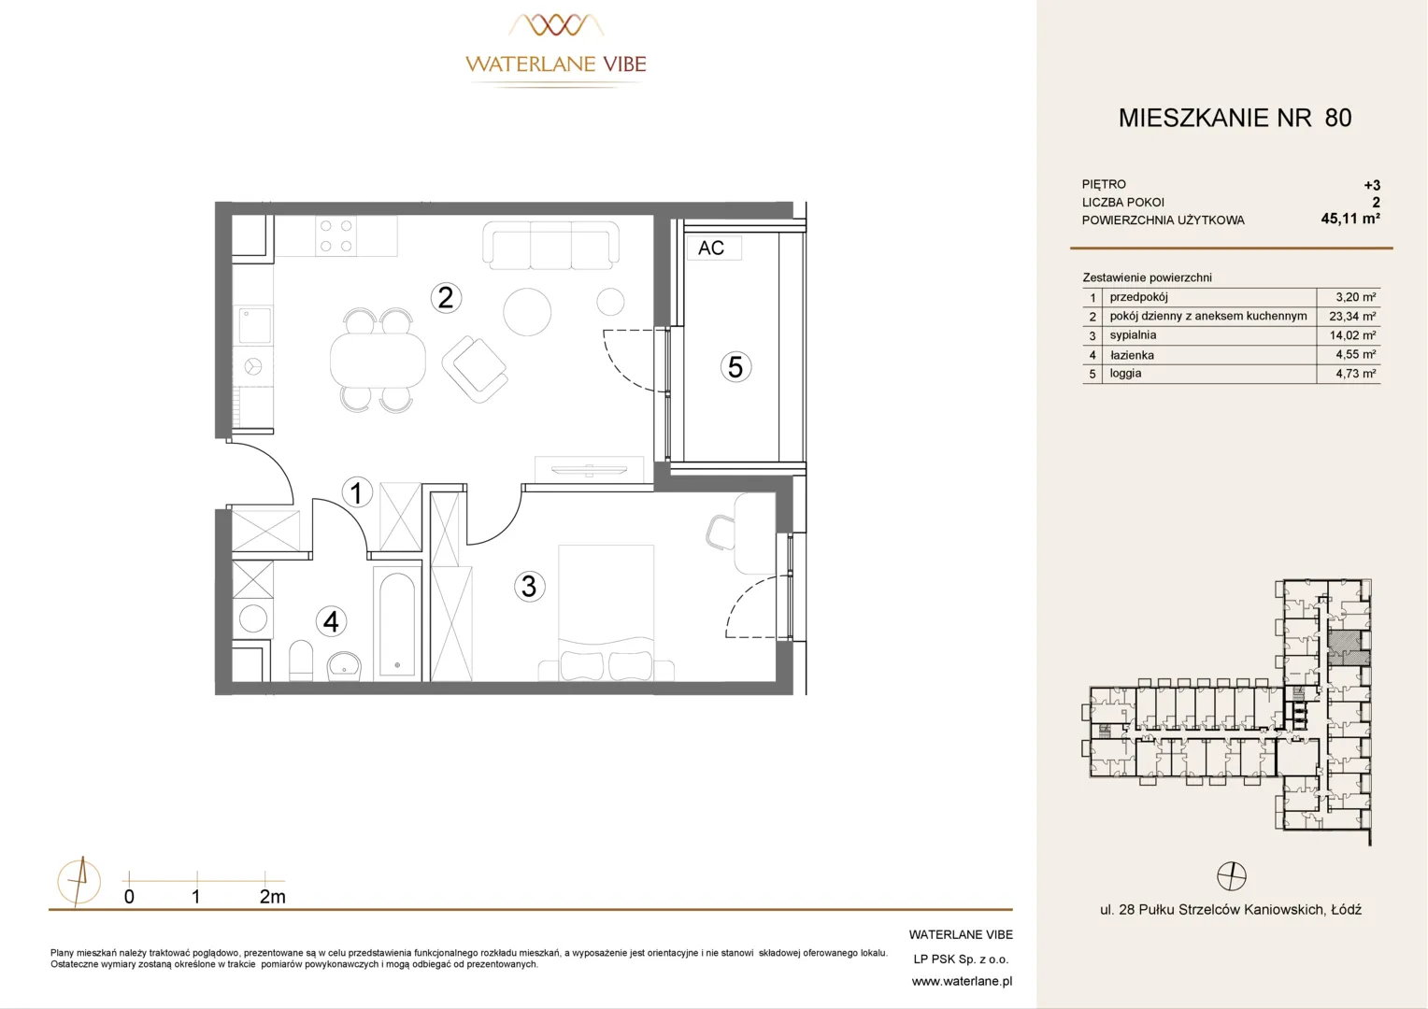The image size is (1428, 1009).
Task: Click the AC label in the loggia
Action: pyautogui.click(x=711, y=248)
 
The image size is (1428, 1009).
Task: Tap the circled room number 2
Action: pyautogui.click(x=446, y=298)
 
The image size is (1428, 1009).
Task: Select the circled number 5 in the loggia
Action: pyautogui.click(x=735, y=367)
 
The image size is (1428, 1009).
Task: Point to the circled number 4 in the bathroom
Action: pyautogui.click(x=331, y=621)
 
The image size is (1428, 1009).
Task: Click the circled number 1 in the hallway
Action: pyautogui.click(x=357, y=492)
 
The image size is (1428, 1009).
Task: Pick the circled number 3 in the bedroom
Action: pyautogui.click(x=529, y=587)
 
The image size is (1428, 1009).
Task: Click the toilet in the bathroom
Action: pyautogui.click(x=301, y=661)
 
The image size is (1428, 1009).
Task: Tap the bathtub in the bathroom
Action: pyautogui.click(x=397, y=624)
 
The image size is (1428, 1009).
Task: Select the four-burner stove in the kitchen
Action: pyautogui.click(x=336, y=235)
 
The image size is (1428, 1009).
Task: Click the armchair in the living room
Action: pyautogui.click(x=475, y=369)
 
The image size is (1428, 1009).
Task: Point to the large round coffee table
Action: pyautogui.click(x=527, y=312)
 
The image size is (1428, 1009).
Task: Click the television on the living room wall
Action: pyautogui.click(x=589, y=470)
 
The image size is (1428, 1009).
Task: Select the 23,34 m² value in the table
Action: pyautogui.click(x=1352, y=316)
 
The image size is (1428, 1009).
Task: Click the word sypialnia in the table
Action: pyautogui.click(x=1133, y=335)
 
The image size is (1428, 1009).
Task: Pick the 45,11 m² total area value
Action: pyautogui.click(x=1350, y=219)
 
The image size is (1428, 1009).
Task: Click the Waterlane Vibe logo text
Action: pyautogui.click(x=556, y=64)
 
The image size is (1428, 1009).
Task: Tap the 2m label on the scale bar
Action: pyautogui.click(x=272, y=897)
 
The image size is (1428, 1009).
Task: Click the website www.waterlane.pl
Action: pyautogui.click(x=962, y=982)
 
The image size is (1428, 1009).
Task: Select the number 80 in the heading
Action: pyautogui.click(x=1338, y=118)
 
